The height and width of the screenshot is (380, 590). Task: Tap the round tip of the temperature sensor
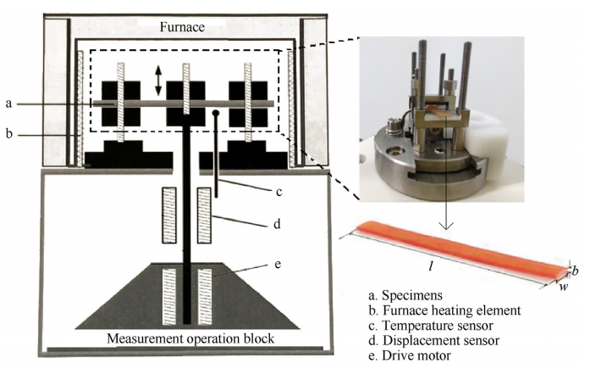[x=216, y=113]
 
